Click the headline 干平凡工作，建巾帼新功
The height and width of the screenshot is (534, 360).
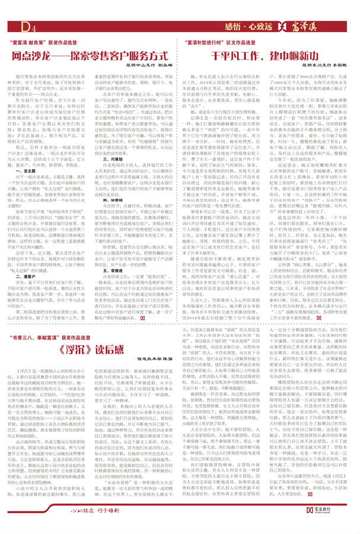point(268,55)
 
